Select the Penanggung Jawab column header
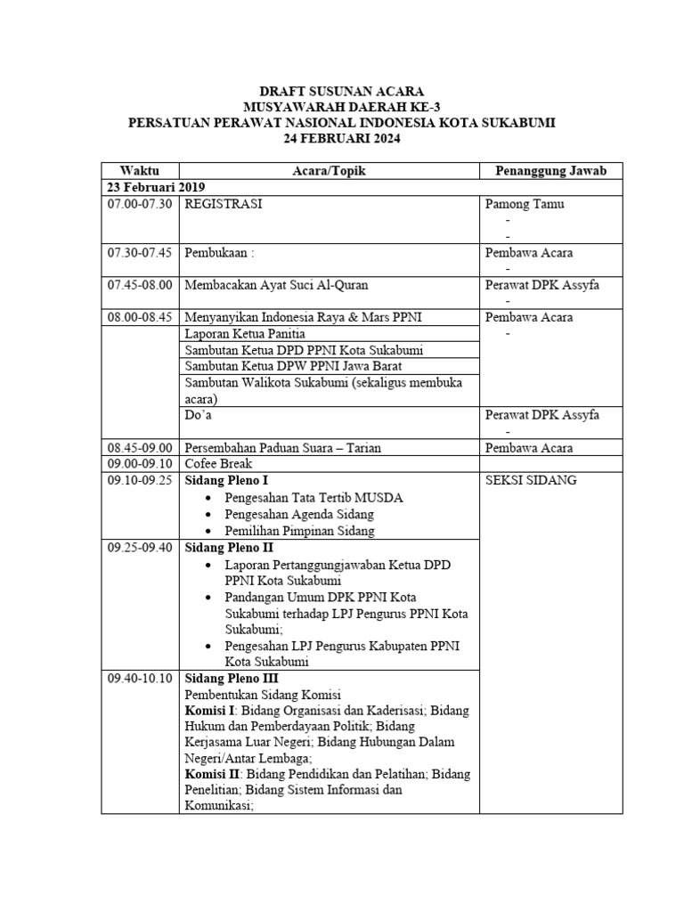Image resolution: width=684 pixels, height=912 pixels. pyautogui.click(x=550, y=170)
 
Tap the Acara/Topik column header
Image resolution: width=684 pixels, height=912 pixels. pyautogui.click(x=329, y=170)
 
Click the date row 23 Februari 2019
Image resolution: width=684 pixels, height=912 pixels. pyautogui.click(x=157, y=187)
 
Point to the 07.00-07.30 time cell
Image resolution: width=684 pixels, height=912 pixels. pyautogui.click(x=140, y=204)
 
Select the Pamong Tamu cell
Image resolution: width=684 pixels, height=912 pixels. pyautogui.click(x=525, y=204)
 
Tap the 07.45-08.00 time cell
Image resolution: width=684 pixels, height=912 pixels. pyautogui.click(x=140, y=285)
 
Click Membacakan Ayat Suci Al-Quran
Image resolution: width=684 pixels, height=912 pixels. pyautogui.click(x=276, y=285)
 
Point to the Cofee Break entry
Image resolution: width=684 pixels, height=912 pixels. pyautogui.click(x=218, y=464)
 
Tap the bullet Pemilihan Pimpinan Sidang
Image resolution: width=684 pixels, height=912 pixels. pyautogui.click(x=299, y=530)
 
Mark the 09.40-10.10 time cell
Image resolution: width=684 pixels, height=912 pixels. pyautogui.click(x=140, y=678)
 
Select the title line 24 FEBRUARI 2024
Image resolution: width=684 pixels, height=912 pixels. pyautogui.click(x=343, y=138)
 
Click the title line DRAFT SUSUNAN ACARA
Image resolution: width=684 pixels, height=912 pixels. pyautogui.click(x=342, y=90)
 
